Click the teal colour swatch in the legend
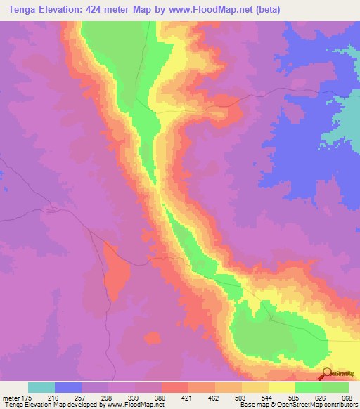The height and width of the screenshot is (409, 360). point(41,387)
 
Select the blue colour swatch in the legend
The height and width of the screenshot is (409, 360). point(68,387)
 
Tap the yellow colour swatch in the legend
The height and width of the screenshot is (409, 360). point(282,387)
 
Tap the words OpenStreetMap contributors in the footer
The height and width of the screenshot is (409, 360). point(316,405)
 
